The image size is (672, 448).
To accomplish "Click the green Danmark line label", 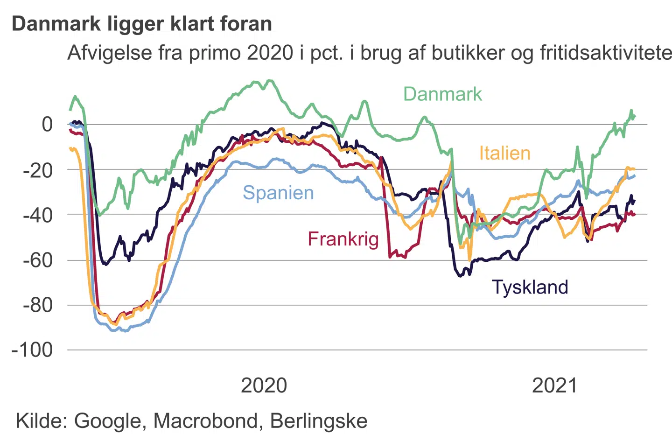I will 442,94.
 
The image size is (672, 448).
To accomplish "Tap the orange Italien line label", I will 504,153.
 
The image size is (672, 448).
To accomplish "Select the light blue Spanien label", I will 278,193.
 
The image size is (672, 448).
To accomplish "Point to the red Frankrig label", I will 343,239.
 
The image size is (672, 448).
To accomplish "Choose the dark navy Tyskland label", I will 530,287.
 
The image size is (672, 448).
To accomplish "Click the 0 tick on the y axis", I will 47,125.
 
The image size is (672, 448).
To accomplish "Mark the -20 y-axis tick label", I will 38,170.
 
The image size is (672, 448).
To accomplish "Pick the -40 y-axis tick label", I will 38,215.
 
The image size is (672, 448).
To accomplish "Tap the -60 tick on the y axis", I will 38,260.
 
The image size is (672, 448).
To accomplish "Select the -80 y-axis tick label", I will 38,305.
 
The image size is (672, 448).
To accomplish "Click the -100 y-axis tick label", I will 33,350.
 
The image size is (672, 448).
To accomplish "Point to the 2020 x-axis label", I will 264,386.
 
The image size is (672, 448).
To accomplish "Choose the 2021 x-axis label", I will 554,386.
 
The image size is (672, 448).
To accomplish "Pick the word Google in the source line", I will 107,421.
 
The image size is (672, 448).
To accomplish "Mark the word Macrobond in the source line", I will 205,421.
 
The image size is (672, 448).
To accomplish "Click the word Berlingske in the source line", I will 319,421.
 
